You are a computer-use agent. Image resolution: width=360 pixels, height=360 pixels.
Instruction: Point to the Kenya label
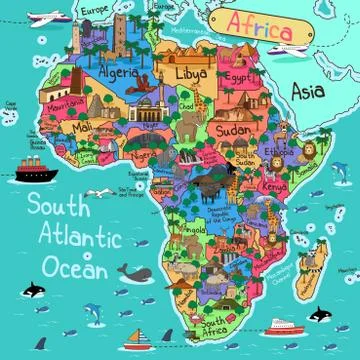[x=270, y=187]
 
